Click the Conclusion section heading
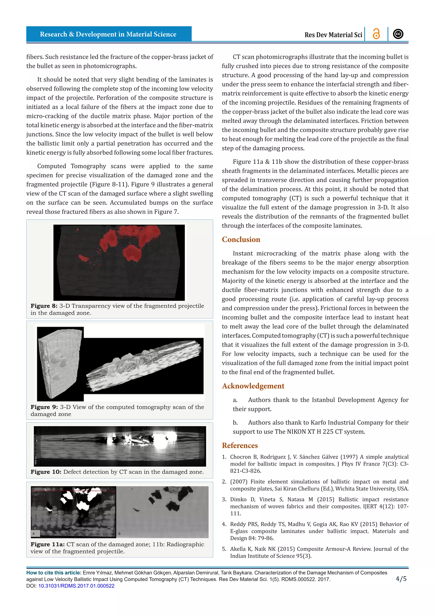[241, 240]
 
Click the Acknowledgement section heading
[253, 386]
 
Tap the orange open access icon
[376, 34]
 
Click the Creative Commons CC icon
[398, 34]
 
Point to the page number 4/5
[401, 579]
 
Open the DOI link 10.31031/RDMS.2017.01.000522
[76, 586]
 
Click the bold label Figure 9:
[44, 407]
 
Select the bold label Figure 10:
[46, 472]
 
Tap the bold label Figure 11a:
[47, 544]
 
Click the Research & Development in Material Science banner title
[108, 34]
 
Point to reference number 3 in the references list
[224, 499]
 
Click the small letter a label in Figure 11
[34, 533]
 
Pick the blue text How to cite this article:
[54, 573]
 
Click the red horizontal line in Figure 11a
[74, 491]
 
